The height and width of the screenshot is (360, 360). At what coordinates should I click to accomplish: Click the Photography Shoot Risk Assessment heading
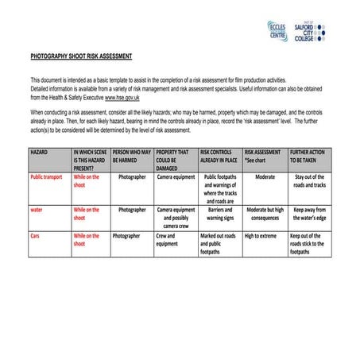point(81,57)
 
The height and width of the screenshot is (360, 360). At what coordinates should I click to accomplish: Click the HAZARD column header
point(40,151)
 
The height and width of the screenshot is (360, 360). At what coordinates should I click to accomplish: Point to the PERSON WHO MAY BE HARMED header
point(131,155)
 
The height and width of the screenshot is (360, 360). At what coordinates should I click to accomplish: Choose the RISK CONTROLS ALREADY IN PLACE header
point(219,155)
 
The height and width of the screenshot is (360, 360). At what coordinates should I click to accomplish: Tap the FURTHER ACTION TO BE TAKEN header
point(310,155)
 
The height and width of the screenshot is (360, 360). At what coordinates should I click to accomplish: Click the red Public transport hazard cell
point(46,177)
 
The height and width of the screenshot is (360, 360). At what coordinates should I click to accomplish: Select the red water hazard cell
point(37,210)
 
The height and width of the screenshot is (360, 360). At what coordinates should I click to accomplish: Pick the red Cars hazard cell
point(35,236)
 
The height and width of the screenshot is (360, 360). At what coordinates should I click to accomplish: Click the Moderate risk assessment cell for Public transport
point(265,177)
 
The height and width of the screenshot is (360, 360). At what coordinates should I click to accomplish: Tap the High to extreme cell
point(265,236)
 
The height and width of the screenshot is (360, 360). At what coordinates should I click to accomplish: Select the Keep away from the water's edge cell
point(310,214)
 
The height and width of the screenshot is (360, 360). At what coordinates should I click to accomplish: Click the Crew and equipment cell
point(166,240)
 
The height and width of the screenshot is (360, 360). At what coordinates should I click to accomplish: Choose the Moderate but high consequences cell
point(265,214)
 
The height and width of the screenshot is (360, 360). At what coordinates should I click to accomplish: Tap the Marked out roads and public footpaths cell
point(219,244)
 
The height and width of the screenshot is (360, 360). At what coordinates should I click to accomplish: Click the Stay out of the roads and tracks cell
point(310,181)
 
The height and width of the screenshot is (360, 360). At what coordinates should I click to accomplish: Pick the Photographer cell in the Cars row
point(126,236)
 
